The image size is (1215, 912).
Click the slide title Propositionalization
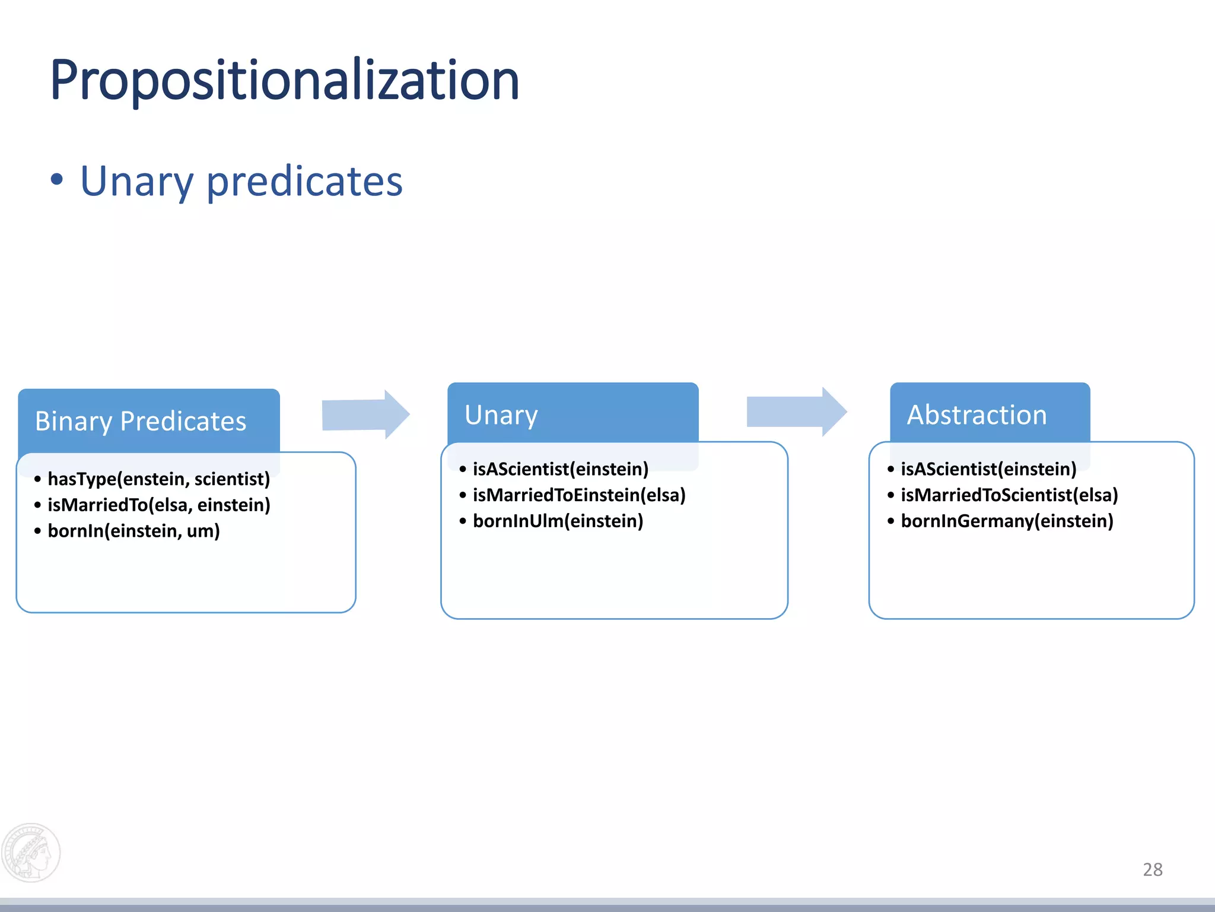pos(285,80)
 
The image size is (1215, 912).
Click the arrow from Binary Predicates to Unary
pos(365,414)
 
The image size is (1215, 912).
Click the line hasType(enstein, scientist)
pos(158,479)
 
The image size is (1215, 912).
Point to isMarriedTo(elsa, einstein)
pos(158,505)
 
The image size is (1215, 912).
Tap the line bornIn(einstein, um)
pos(133,531)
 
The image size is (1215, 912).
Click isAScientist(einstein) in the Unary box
pos(560,469)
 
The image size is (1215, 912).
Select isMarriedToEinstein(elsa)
pos(578,495)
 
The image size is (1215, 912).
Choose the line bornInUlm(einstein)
pos(558,521)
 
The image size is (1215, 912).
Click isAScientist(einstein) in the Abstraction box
pos(988,469)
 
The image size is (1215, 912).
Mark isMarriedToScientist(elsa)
pos(1009,495)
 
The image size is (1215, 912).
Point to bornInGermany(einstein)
pos(1007,521)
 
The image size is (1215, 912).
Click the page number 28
pos(1152,869)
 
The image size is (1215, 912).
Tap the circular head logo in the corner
pos(31,853)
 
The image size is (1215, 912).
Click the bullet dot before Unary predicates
pos(56,179)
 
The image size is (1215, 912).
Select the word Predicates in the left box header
pos(183,421)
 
